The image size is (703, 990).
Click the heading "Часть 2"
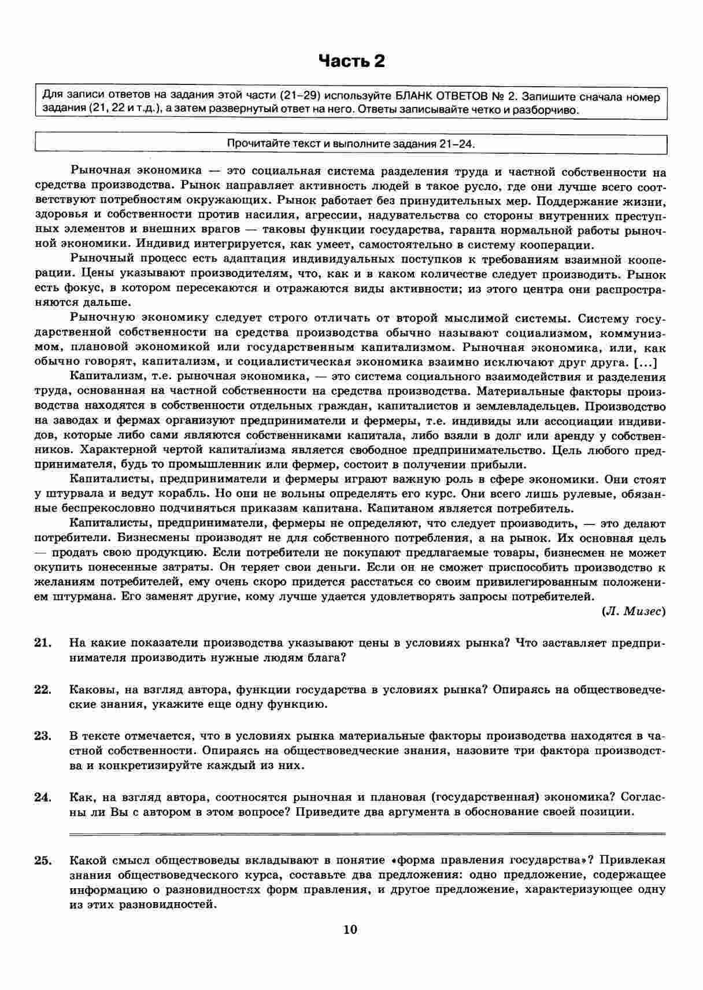click(351, 61)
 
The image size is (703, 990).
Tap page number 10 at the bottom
click(350, 929)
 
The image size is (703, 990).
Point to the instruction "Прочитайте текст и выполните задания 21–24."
click(351, 143)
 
